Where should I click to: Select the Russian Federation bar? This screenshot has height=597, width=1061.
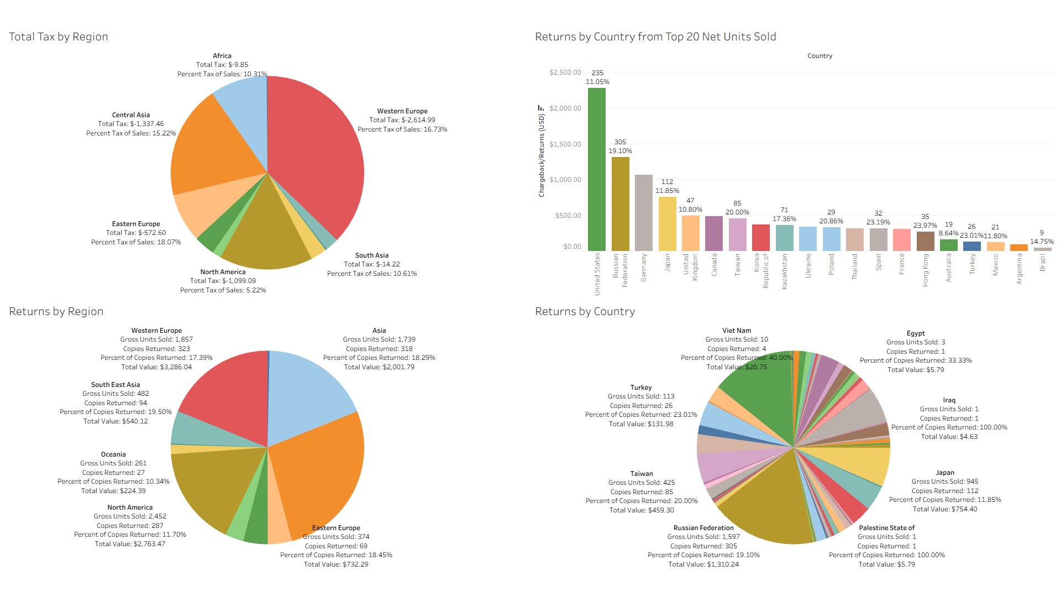click(620, 204)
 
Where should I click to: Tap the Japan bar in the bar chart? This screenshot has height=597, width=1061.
click(667, 224)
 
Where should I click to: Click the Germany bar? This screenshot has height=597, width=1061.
click(643, 213)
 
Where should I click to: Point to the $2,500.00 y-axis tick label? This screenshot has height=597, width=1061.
click(565, 72)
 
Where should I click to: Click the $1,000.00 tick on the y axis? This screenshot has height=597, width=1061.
click(565, 180)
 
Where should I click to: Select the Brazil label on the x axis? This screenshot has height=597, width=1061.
click(1043, 263)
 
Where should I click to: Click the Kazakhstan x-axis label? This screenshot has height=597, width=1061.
click(784, 271)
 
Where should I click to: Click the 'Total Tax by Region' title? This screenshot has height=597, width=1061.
click(59, 37)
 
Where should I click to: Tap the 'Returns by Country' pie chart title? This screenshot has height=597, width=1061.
click(585, 312)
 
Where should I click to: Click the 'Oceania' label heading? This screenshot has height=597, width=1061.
click(113, 454)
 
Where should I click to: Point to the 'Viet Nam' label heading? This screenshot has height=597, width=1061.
click(737, 331)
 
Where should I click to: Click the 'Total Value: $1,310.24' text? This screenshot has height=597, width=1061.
click(703, 564)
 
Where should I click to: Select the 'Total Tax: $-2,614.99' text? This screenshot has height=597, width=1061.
click(402, 120)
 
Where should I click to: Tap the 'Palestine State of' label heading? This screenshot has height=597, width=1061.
click(886, 528)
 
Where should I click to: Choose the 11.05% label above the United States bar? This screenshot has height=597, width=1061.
click(597, 82)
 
